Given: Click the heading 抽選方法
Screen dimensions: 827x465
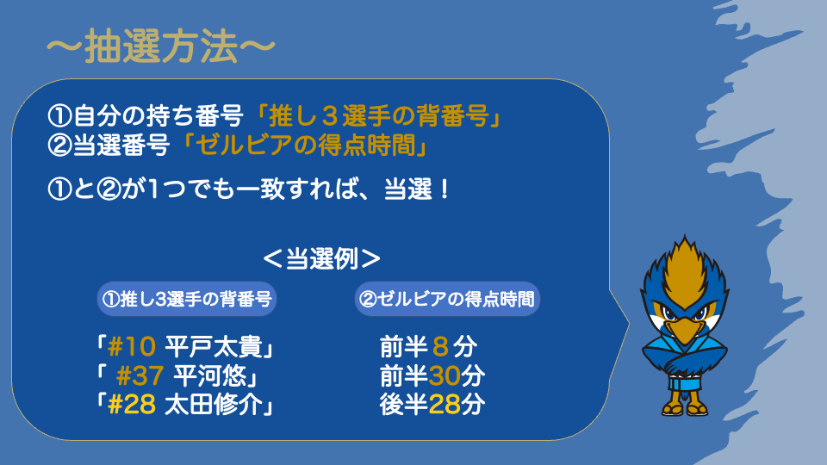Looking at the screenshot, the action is pos(161,46).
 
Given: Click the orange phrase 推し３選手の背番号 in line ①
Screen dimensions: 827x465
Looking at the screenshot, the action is pos(378,115).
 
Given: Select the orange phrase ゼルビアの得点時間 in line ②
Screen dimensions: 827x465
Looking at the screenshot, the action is pos(307,145).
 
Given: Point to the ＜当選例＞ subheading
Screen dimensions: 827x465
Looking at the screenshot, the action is pos(321,259).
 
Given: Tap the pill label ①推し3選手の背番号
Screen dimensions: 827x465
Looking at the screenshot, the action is pos(187,299).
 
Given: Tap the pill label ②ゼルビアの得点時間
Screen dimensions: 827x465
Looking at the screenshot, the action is pos(447,299).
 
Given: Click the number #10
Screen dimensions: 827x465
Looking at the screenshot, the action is pos(132,347).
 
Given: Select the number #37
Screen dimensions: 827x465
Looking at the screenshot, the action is pos(140,376).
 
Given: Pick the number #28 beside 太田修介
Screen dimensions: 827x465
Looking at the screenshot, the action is pos(132,405).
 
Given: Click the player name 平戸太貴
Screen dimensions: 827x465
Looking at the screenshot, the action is pos(215,347).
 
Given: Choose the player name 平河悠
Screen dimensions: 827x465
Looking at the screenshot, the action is pos(210,376).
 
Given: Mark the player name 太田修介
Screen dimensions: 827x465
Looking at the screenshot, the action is pos(215,405).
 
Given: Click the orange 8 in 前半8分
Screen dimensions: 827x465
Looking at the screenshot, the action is pos(440,347).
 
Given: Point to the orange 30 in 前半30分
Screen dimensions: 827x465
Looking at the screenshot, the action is pos(445,376).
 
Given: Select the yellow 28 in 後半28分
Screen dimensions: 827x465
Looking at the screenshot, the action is pos(445,405).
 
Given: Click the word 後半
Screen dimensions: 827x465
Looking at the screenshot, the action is pos(403,405).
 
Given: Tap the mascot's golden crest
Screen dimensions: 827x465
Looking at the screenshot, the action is pos(685,268).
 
